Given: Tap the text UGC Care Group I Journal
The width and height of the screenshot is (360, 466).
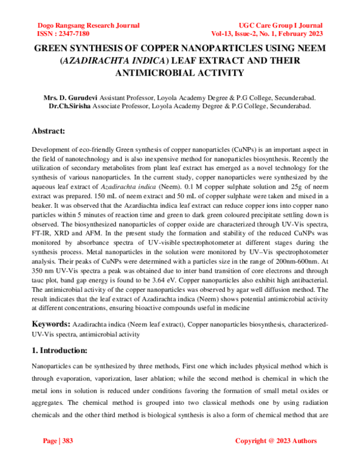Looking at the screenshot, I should point(280,26).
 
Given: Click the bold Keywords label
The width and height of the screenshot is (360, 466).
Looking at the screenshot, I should point(51,324).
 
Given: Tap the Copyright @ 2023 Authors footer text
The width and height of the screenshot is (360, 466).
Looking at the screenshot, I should point(275,441).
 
